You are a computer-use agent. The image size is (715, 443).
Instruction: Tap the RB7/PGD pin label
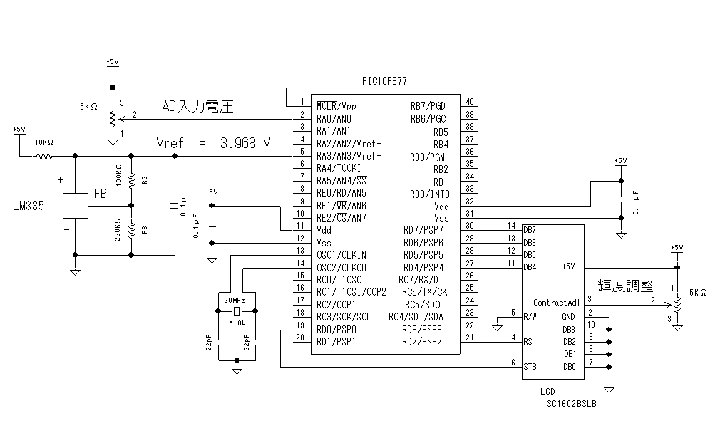[x=428, y=105]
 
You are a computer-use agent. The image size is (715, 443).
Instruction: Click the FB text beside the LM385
[x=101, y=194]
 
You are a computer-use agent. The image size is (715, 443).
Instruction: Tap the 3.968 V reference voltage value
[x=245, y=143]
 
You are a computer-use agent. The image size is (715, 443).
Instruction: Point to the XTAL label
[x=237, y=323]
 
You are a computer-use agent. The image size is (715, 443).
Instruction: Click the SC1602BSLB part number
[x=572, y=402]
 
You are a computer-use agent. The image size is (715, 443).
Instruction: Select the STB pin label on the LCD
[x=530, y=367]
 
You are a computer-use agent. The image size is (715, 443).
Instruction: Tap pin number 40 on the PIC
[x=470, y=103]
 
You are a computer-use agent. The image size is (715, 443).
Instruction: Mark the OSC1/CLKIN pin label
[x=341, y=254]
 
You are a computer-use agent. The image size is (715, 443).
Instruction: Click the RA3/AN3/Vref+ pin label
[x=349, y=156]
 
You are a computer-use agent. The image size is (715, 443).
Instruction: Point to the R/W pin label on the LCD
[x=530, y=316]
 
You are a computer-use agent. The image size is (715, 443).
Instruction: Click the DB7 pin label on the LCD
[x=529, y=230]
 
